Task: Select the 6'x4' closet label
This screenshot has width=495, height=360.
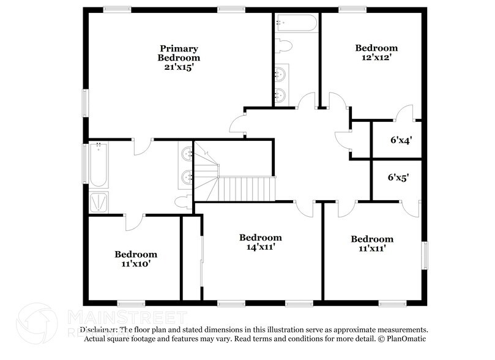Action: click(x=401, y=140)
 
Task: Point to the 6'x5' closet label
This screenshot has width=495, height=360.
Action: click(x=398, y=178)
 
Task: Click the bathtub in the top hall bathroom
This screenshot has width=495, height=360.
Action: click(x=296, y=24)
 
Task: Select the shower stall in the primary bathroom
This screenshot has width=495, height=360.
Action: click(x=99, y=201)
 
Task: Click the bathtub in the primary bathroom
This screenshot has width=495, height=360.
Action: click(x=99, y=164)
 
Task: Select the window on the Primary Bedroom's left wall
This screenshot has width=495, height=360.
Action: click(x=86, y=102)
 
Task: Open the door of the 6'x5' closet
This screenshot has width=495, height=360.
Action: click(x=411, y=208)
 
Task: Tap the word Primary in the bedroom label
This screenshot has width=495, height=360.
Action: click(x=179, y=48)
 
